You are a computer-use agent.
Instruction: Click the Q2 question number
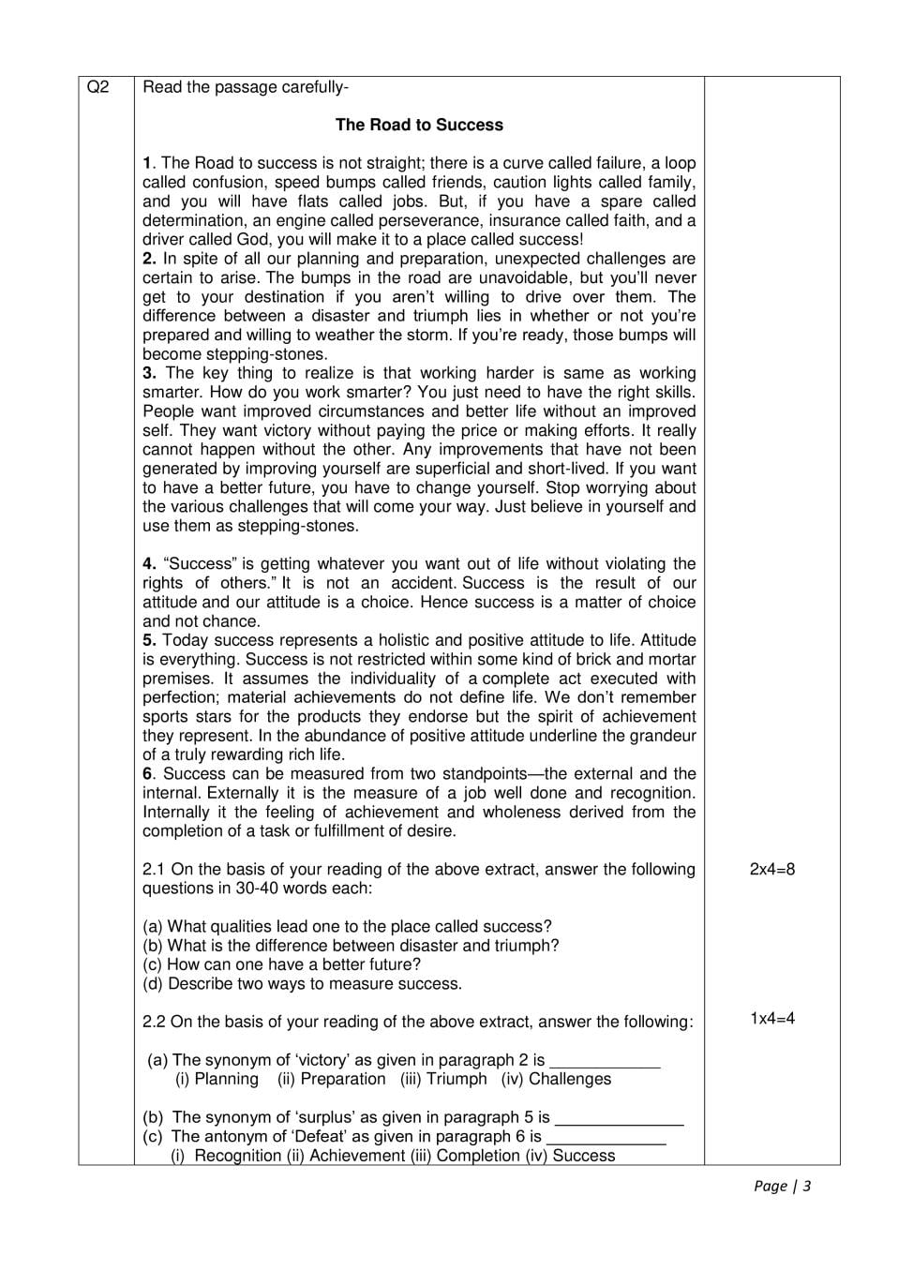click(97, 87)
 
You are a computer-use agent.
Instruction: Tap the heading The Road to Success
click(419, 125)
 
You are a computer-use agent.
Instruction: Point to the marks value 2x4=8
click(771, 869)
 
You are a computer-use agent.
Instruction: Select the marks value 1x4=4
click(771, 1018)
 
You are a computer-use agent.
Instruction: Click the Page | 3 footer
click(782, 1186)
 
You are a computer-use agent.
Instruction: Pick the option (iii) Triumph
click(443, 1079)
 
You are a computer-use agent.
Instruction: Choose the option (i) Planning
click(217, 1079)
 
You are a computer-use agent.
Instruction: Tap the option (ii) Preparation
click(331, 1079)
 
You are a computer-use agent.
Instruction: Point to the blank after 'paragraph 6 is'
click(606, 1137)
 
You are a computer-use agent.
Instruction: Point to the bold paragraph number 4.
click(149, 563)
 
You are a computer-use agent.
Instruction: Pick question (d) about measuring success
click(302, 984)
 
